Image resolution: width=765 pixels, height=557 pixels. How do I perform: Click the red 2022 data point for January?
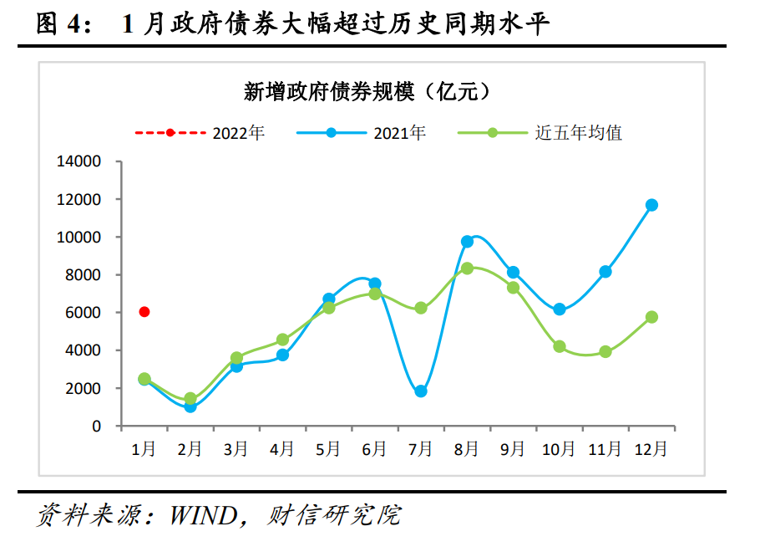(x=144, y=312)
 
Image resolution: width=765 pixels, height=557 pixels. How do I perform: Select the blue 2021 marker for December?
(x=651, y=205)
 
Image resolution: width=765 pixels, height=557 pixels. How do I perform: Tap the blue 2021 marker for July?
(x=421, y=391)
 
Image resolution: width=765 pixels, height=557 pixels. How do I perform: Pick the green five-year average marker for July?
(x=421, y=308)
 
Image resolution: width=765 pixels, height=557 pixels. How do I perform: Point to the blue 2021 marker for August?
(x=467, y=241)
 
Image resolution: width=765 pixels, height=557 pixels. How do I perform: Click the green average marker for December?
(x=651, y=317)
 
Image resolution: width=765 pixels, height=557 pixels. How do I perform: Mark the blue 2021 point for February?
(x=190, y=406)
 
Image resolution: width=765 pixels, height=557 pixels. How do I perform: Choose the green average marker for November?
(x=605, y=352)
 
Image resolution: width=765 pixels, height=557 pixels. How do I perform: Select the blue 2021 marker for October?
(x=560, y=309)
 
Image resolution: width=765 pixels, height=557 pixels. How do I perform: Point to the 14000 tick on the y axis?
(x=79, y=161)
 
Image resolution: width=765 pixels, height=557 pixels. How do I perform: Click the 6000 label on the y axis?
(x=84, y=313)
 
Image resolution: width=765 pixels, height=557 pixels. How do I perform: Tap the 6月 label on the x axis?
(x=374, y=449)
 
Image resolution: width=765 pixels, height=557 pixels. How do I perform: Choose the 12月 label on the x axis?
(x=651, y=449)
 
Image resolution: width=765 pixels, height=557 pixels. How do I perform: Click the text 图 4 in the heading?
(x=62, y=24)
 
